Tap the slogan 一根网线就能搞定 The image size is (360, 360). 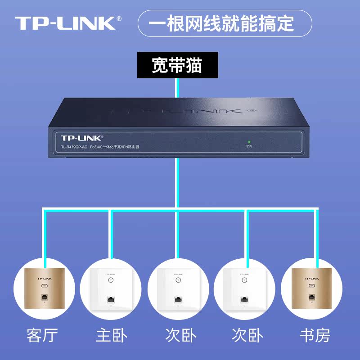(224, 23)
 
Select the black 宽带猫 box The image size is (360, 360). (177, 65)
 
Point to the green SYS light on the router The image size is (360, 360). (249, 142)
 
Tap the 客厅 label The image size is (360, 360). (43, 335)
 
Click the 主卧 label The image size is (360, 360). (111, 335)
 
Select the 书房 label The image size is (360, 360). (315, 335)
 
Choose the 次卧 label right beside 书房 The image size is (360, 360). (247, 335)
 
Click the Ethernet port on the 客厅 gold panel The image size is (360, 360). (44, 297)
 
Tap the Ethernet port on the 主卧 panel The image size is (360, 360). (111, 299)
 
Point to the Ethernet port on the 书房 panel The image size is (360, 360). (310, 297)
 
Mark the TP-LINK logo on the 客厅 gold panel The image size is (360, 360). (44, 278)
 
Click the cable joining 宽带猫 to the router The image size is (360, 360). (177, 88)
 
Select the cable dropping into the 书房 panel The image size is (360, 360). (316, 238)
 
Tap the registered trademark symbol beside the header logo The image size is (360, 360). (119, 18)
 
